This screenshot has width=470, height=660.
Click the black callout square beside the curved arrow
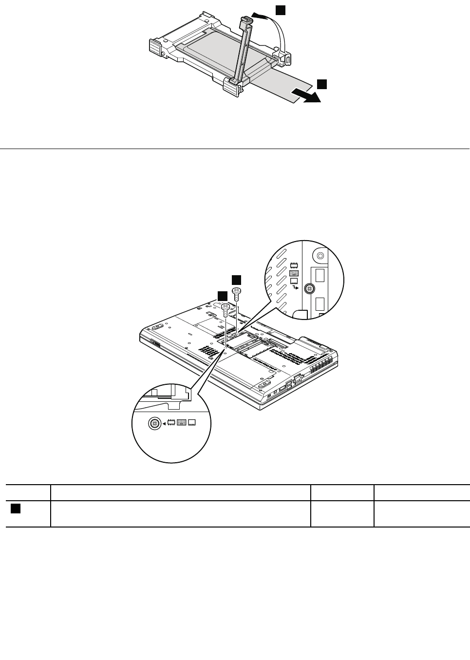pos(281,10)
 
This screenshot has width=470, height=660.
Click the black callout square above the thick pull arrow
pos(322,84)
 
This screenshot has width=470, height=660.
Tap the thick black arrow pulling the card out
pos(307,95)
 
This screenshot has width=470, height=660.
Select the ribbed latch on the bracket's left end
pos(155,47)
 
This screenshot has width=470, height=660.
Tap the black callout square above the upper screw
pos(236,279)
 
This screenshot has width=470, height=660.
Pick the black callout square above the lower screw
pos(222,296)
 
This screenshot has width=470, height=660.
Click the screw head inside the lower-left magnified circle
pos(154,424)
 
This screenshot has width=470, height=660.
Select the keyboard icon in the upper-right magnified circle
pos(293,273)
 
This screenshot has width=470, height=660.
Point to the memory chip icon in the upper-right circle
pos(293,265)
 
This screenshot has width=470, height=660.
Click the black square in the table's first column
pos(15,509)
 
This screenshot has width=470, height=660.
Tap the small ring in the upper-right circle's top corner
pos(320,255)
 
